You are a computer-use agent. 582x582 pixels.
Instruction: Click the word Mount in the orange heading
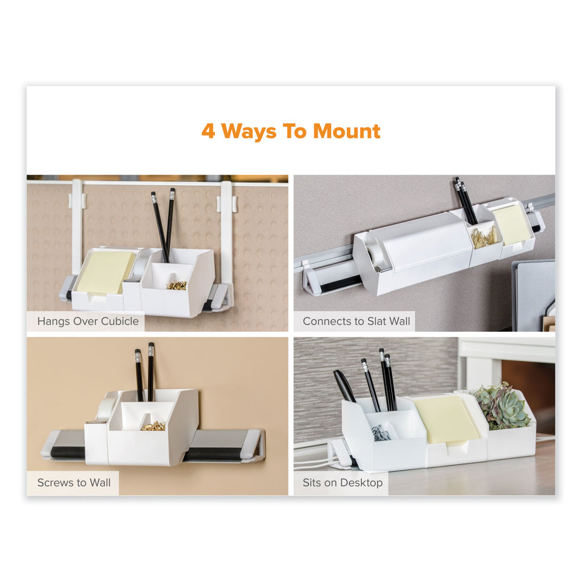347,131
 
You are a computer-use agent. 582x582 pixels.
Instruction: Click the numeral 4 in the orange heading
209,131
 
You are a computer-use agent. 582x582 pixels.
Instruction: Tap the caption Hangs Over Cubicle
88,321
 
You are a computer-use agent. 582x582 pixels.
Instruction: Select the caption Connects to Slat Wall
356,321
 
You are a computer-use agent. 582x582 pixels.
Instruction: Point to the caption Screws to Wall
74,483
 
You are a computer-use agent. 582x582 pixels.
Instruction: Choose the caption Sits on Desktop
343,483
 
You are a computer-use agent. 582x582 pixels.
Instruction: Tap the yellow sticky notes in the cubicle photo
105,272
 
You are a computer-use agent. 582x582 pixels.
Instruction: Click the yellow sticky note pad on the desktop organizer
446,419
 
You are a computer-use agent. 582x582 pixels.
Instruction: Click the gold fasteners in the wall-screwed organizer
153,426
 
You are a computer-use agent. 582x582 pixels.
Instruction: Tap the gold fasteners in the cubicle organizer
177,285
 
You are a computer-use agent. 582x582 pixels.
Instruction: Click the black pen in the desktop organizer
344,386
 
